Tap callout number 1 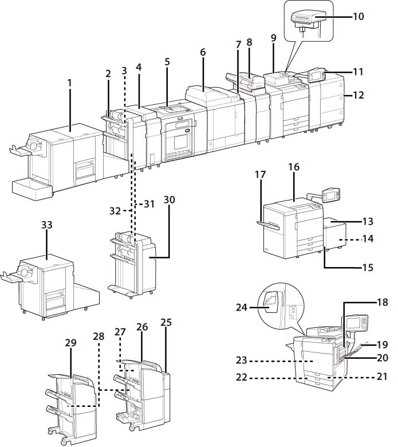click(70, 83)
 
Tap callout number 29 click(70, 342)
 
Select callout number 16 click(294, 167)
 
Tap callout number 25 click(166, 323)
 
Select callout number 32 click(116, 211)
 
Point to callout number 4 click(139, 67)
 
